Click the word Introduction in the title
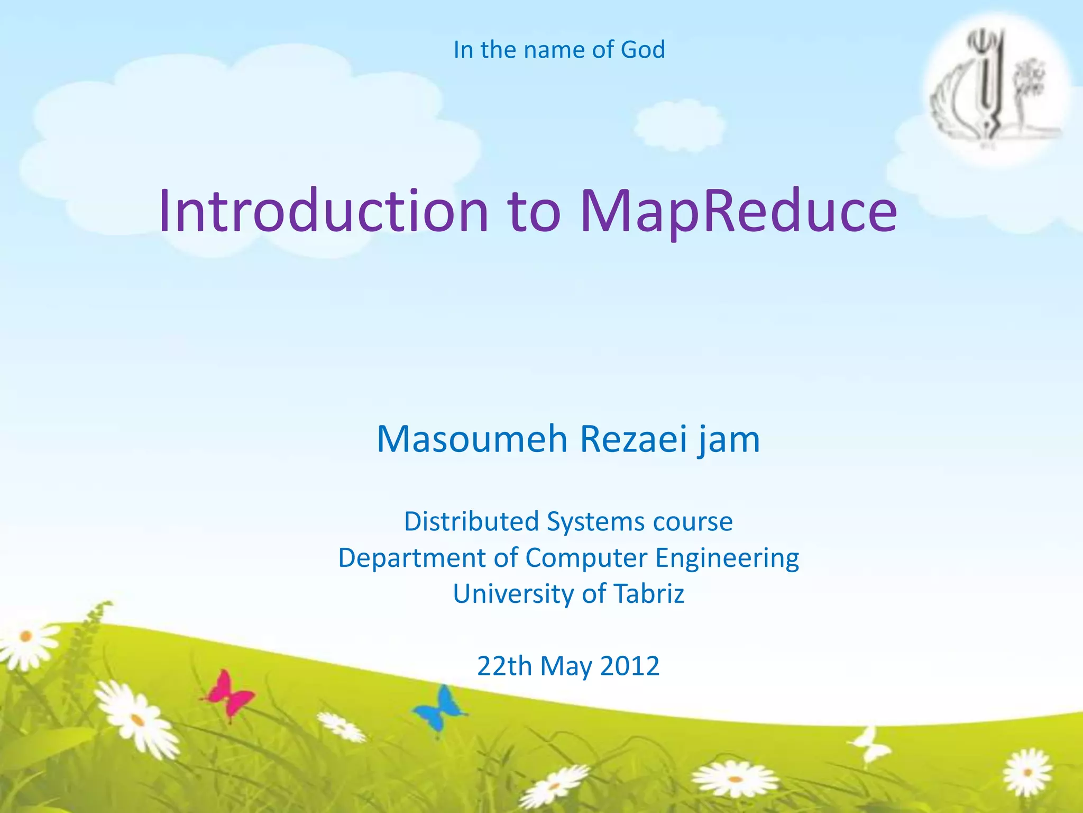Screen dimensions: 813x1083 (x=324, y=211)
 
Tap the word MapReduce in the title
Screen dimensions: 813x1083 (x=738, y=212)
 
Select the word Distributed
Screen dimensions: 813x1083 (x=471, y=521)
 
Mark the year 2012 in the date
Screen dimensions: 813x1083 (x=630, y=666)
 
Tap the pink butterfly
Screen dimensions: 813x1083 (x=228, y=693)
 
